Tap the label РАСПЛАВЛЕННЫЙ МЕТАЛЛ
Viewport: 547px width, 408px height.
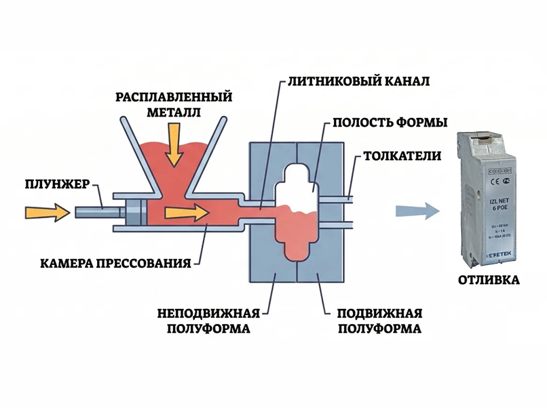(x=174, y=104)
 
